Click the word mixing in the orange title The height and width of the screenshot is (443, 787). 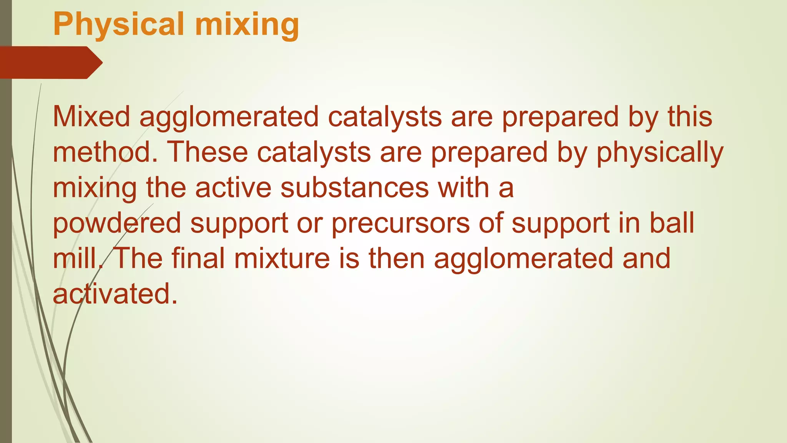coord(247,24)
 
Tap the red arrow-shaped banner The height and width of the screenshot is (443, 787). coord(50,62)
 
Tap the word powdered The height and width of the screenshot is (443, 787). coord(117,223)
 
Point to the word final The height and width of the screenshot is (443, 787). coord(198,258)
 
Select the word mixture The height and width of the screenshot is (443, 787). coord(282,258)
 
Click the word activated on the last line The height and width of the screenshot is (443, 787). coord(115,293)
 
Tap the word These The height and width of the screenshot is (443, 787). coord(208,152)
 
